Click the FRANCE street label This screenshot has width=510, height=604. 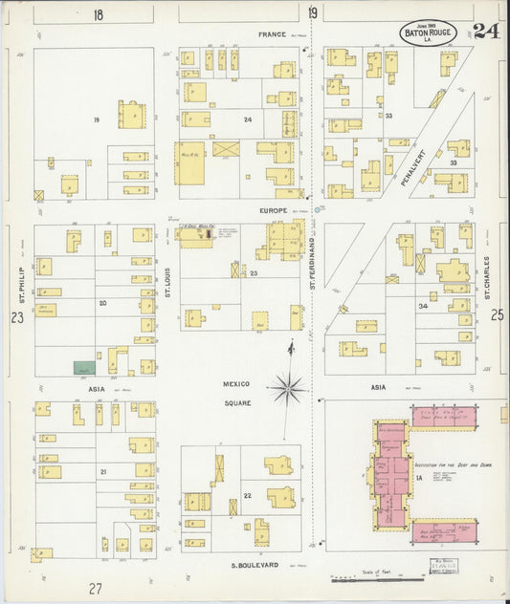[x=271, y=34]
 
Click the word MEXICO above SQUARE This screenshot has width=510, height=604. [x=236, y=384]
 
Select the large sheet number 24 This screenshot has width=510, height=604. [x=485, y=31]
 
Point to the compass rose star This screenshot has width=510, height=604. [x=287, y=388]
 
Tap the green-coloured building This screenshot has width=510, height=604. [x=84, y=367]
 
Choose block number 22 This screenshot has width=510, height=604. [x=248, y=495]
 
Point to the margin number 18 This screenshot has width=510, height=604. [x=98, y=14]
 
